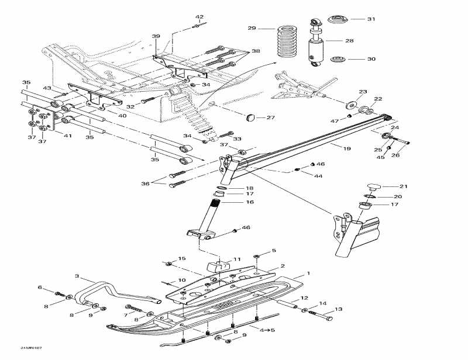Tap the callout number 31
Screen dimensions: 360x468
pos(371,19)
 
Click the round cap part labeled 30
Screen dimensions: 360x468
pos(339,60)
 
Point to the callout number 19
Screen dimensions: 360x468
pos(347,149)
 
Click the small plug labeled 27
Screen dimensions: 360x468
pos(252,117)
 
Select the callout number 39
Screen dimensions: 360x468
pos(156,36)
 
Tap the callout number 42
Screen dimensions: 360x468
pos(199,17)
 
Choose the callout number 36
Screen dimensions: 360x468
pos(146,184)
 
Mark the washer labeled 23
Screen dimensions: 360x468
pos(351,104)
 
